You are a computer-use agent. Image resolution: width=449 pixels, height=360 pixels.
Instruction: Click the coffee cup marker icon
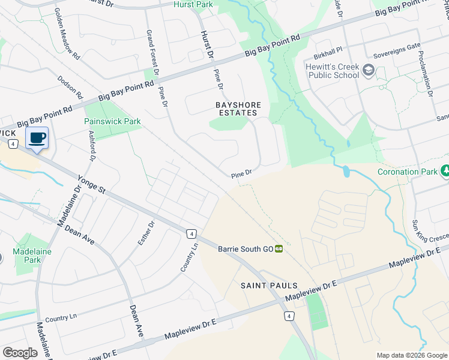tap(37, 138)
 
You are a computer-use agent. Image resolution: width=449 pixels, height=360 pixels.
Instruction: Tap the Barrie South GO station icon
tap(279, 248)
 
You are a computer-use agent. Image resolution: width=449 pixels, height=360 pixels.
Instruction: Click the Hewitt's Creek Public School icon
tap(367, 72)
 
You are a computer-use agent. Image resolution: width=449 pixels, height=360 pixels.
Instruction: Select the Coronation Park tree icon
tap(445, 172)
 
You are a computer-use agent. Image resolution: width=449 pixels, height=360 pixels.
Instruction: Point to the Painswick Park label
tap(112, 121)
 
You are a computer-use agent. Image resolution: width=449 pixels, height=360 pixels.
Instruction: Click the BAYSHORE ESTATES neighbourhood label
tap(238, 109)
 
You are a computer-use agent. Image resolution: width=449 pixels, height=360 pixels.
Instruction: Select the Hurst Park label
tap(193, 5)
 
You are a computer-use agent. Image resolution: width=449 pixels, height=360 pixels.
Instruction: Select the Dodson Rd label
tap(70, 87)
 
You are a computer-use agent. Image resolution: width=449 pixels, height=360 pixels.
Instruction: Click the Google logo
tap(19, 353)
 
